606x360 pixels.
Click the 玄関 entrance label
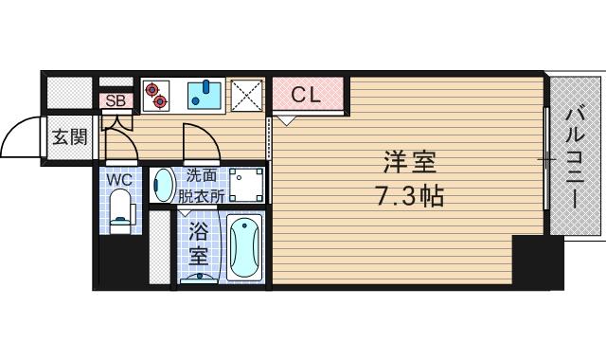[69, 138]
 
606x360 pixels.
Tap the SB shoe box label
[116, 100]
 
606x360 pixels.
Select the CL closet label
[306, 95]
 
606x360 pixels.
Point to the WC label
[118, 177]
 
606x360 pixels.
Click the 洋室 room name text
[410, 162]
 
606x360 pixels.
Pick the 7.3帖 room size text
[408, 197]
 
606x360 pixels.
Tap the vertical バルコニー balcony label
[575, 157]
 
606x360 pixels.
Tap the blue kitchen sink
[204, 95]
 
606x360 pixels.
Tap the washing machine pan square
[246, 187]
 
